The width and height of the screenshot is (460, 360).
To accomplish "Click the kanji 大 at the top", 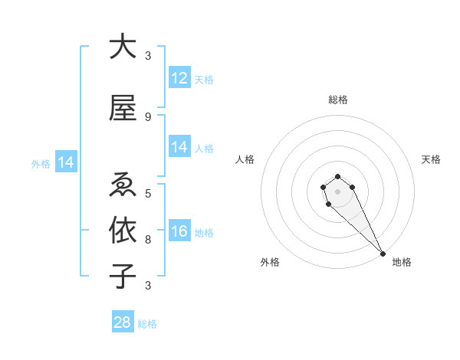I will point(123,47).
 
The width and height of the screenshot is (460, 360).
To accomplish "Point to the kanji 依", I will point(123,229).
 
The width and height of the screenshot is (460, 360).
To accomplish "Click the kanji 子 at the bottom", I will point(123,276).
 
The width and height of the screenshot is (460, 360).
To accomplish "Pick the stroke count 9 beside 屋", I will point(148,117).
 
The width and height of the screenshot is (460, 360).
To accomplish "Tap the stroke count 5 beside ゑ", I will point(148,192).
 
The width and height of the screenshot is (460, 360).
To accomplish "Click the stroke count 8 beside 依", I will point(148,239).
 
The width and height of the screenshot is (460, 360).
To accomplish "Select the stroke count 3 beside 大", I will point(148,56).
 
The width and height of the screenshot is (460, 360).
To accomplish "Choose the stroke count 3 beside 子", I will point(148,286).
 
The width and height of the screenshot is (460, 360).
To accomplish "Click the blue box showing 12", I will point(179,78).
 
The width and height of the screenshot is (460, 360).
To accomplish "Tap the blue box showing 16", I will point(179,231).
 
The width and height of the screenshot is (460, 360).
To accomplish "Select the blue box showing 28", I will point(123,322).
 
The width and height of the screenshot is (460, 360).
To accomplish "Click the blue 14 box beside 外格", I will point(65,162).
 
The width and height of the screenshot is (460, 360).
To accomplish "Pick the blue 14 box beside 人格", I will point(179,147).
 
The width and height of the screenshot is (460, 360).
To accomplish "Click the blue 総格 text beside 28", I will point(147,324).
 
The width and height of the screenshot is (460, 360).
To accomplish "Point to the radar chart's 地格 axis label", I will point(402,262).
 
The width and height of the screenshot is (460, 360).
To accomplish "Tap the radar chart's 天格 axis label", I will point(431,159).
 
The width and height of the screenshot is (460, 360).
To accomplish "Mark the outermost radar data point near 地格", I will point(383,254).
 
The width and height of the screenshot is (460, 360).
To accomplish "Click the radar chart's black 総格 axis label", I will point(338,100).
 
